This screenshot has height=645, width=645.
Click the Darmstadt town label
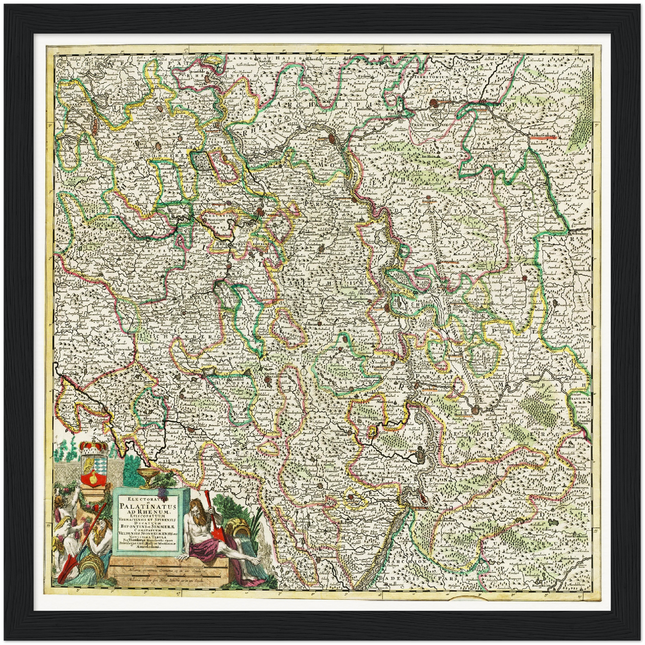click(428, 202)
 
